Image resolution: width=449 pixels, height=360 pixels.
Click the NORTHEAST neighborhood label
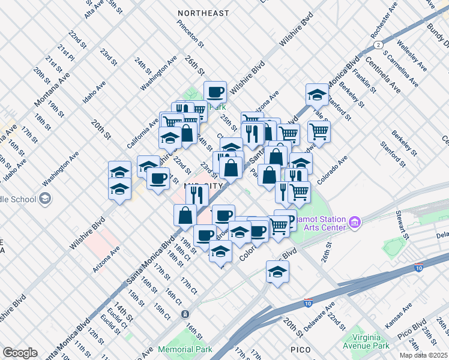pos(203,13)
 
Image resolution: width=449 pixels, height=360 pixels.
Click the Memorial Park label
pos(185,349)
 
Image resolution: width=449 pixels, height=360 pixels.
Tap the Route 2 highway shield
pos(378,45)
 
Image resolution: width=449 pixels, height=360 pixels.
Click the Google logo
pos(20,353)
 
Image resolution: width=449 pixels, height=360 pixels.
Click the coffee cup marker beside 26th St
pos(215,92)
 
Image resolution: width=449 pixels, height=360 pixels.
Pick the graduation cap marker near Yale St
pos(317,94)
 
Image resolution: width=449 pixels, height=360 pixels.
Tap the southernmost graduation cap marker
pos(277,272)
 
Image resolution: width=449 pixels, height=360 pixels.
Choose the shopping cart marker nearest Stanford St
pos(319,131)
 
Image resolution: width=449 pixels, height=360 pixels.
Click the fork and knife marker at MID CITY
pos(196,194)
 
